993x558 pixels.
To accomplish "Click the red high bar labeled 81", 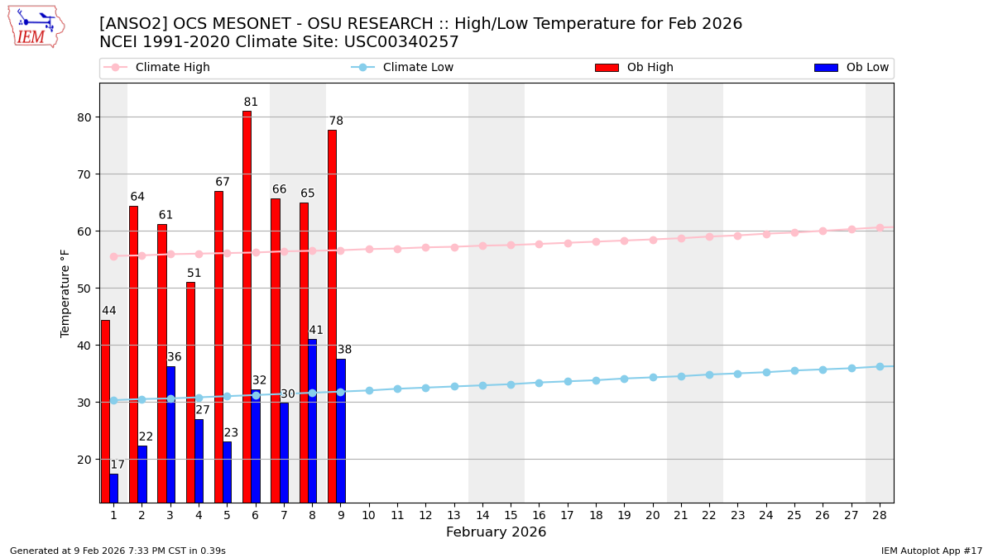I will coord(247,306).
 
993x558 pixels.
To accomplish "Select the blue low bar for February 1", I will coord(113,488).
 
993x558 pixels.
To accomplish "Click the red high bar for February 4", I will coord(190,392).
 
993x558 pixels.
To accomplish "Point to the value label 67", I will coord(223,182).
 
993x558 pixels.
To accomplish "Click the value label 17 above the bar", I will coord(118,465).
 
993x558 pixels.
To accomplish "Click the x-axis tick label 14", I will coord(482,515).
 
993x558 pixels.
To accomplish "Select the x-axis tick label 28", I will coord(880,515).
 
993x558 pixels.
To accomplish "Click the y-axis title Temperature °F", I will coord(65,293).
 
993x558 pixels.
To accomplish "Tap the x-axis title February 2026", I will coord(496,532).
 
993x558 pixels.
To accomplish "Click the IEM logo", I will coord(36,26).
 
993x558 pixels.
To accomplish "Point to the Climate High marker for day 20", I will coord(653,240).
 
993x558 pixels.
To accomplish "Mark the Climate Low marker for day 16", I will coord(539,383).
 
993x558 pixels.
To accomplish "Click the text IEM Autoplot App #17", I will coord(932,551).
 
